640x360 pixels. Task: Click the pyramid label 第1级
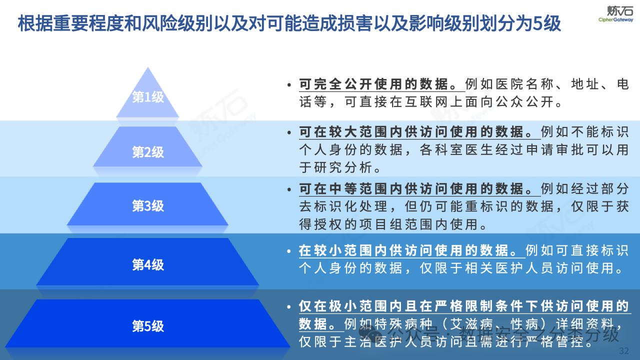point(148,97)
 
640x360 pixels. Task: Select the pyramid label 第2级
point(148,152)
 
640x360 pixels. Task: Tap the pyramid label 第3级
point(148,205)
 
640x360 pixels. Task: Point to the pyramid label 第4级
point(148,264)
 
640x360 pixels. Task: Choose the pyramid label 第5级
point(148,326)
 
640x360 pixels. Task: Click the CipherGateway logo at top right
point(615,13)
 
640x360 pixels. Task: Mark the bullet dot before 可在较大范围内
point(289,133)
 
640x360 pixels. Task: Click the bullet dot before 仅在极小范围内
point(289,306)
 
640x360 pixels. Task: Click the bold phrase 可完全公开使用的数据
point(381,84)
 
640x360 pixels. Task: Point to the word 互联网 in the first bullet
point(422,102)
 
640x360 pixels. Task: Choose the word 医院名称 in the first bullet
point(525,84)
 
